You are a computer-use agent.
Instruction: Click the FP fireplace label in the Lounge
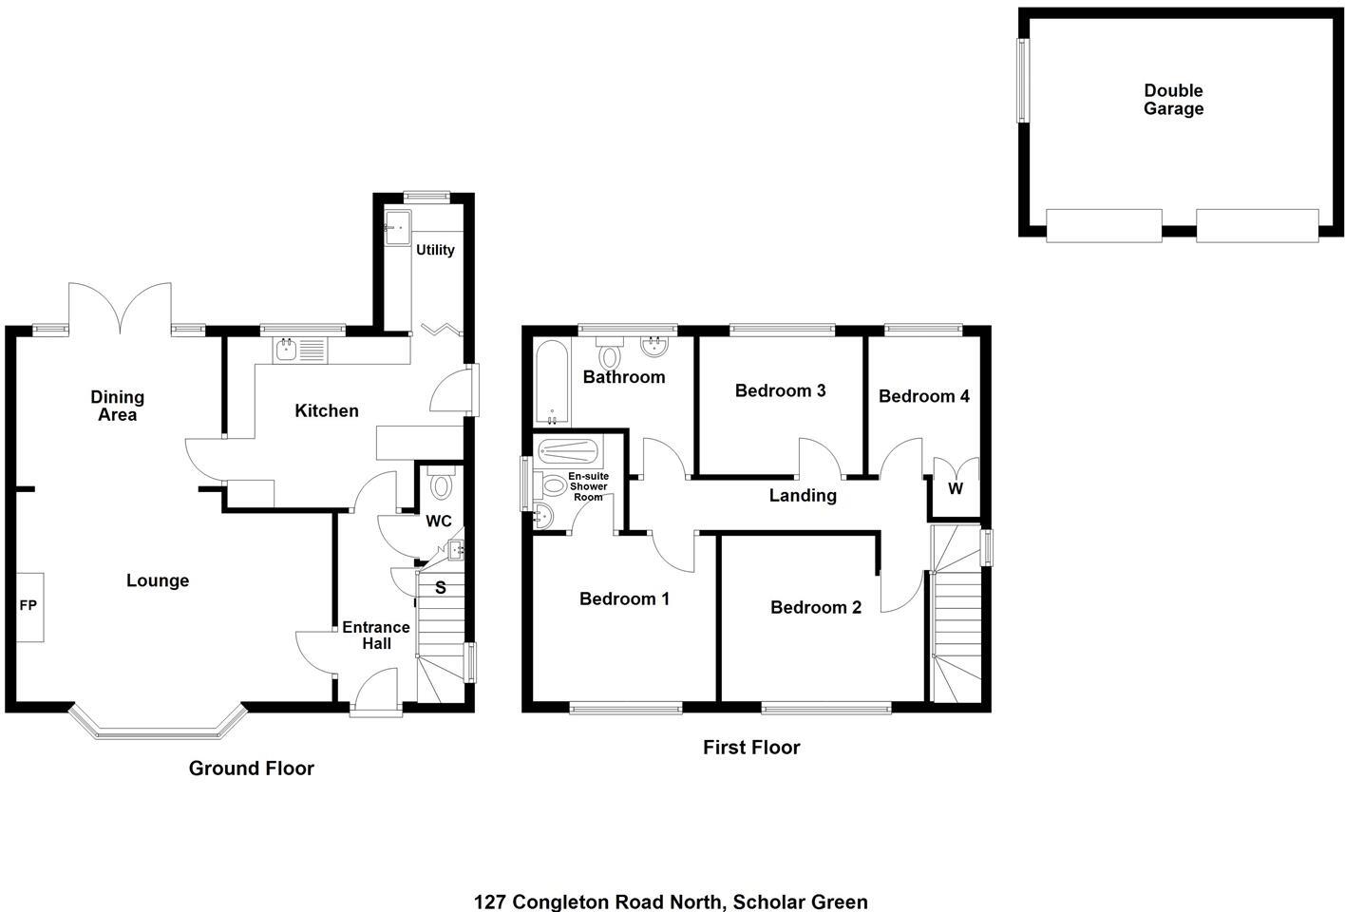point(28,605)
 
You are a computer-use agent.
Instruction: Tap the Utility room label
point(435,250)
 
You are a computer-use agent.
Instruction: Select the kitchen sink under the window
point(287,351)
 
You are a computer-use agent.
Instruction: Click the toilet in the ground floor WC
point(441,487)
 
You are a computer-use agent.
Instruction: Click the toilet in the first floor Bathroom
point(611,355)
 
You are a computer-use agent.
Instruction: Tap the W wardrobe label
point(956,489)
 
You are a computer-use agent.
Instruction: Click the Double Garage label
point(1173,100)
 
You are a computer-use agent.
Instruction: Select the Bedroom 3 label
point(780,390)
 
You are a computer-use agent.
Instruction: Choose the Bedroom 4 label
point(923,396)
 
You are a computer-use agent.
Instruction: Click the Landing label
point(803,495)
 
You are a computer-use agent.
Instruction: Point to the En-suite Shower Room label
point(588,486)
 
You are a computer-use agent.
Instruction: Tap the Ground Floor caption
point(251,769)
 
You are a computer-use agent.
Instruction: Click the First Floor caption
point(751,748)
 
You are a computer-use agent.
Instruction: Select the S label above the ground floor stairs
point(441,588)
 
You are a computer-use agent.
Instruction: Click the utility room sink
point(397,227)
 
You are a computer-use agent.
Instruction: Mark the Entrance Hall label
point(376,636)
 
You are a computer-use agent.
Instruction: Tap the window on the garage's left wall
point(1023,81)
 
